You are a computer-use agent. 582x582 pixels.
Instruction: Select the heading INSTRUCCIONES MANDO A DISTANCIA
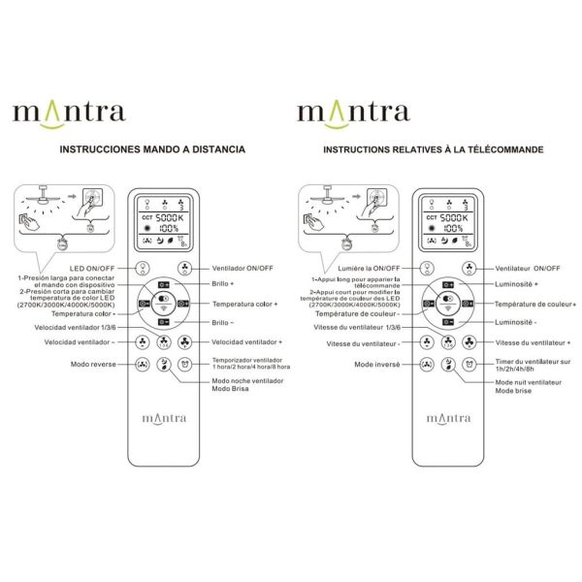(x=152, y=151)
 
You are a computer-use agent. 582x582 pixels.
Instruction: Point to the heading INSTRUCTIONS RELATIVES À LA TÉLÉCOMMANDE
(x=433, y=151)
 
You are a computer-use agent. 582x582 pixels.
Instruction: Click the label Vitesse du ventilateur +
(x=533, y=342)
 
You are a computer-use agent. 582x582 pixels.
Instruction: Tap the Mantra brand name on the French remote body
(x=446, y=419)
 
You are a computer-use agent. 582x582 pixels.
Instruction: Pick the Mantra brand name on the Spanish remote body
(x=162, y=419)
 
